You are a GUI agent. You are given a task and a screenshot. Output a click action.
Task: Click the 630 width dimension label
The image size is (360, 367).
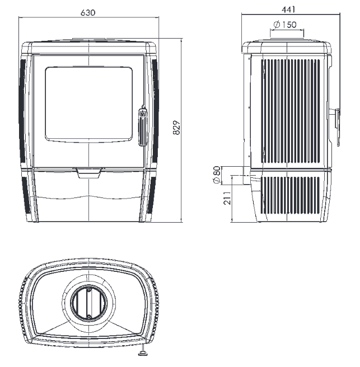point(88,12)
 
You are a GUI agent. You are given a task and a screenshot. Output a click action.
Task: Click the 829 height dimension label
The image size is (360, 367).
point(177,128)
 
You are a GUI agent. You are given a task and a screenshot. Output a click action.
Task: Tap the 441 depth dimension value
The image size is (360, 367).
point(288,10)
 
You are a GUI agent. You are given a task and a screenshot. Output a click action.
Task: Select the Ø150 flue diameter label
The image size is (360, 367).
point(285,25)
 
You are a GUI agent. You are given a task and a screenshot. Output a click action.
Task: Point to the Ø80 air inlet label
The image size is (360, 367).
point(217,175)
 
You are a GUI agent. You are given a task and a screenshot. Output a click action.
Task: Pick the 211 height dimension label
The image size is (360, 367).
point(227,198)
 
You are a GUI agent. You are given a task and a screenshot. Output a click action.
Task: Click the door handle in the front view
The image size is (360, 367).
point(143,126)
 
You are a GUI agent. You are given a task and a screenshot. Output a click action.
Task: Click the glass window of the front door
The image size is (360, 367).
point(89,104)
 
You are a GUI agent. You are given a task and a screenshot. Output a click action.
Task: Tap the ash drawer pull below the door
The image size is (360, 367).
point(89,173)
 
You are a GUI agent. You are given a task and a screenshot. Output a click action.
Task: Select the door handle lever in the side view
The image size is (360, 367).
point(337,127)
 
